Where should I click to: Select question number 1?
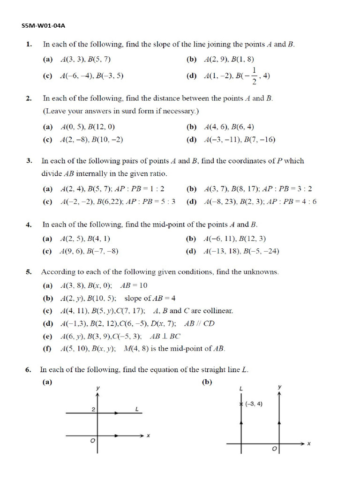29,45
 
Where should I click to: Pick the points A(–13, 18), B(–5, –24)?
241,251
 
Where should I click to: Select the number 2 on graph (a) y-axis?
93,410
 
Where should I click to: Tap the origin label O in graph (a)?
93,441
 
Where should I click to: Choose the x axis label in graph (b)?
309,443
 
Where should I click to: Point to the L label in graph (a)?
136,409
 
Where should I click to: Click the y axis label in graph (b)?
279,387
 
